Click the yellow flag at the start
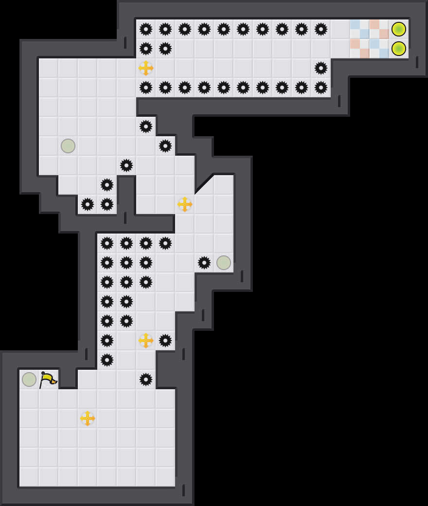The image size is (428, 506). (x=48, y=379)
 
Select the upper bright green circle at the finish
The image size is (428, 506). (x=399, y=29)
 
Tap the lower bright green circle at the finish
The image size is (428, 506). (x=399, y=49)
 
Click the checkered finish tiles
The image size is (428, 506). (x=370, y=39)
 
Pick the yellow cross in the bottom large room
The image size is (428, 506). (x=88, y=418)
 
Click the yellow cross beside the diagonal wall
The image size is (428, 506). (x=185, y=204)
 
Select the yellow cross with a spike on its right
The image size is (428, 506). (x=146, y=341)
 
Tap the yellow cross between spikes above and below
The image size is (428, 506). (x=146, y=68)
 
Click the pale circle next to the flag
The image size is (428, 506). (x=29, y=379)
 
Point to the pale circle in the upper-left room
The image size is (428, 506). (x=68, y=146)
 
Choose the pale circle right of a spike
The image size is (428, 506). (x=224, y=263)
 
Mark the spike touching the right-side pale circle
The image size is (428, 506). (x=204, y=263)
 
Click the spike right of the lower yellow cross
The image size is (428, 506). (x=165, y=341)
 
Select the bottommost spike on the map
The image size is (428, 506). (x=146, y=379)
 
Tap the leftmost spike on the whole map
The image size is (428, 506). (x=88, y=204)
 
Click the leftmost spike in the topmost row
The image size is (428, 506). (x=146, y=29)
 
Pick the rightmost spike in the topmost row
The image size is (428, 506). (x=321, y=29)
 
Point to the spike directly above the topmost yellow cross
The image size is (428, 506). (x=146, y=49)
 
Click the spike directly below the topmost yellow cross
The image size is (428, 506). (x=146, y=88)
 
